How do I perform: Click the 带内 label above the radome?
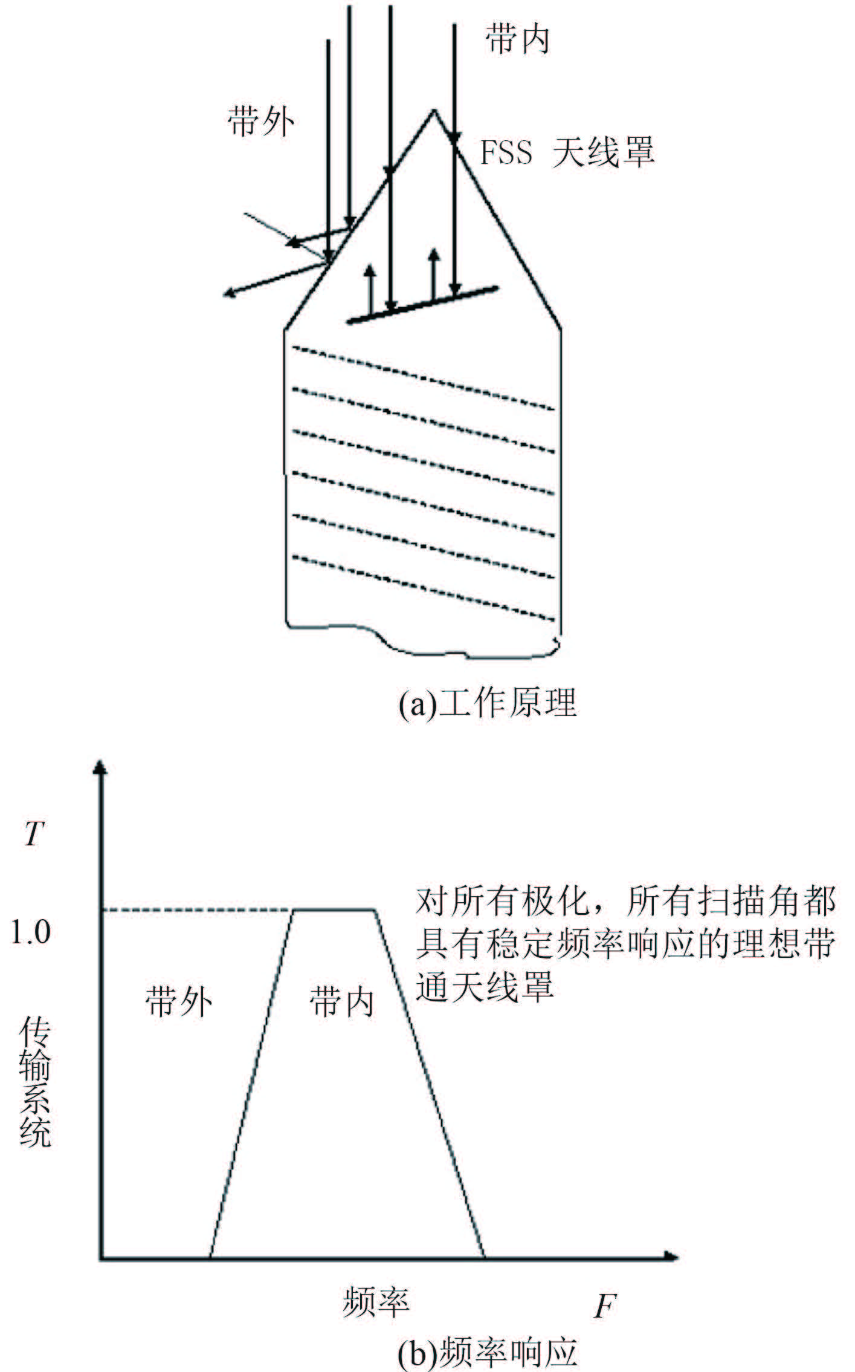coord(517,41)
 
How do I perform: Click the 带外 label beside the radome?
coord(261,122)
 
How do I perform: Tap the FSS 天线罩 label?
coord(567,152)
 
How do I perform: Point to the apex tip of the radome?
coord(433,111)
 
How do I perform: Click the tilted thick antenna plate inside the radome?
coord(422,304)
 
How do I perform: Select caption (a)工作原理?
coord(487,703)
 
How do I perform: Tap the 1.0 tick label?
coord(31,932)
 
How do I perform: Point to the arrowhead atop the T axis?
coord(101,769)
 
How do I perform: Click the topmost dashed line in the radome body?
coord(423,379)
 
